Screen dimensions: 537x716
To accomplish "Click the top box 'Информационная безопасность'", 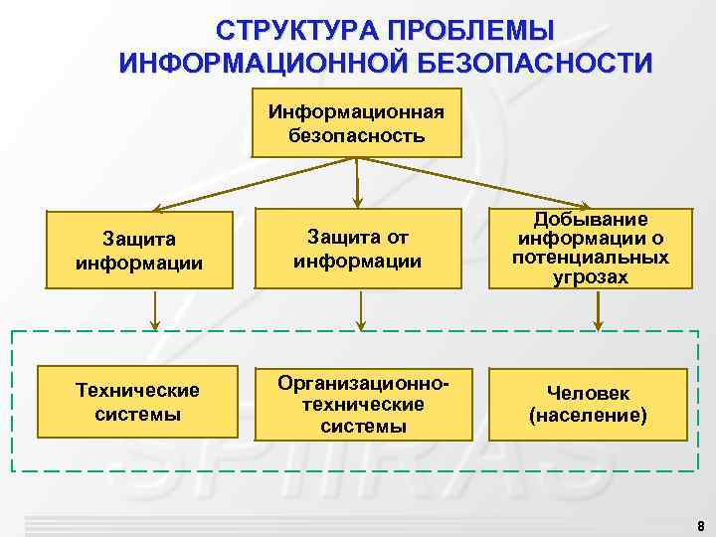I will coord(357,122).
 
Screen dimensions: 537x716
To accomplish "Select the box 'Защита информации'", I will coord(139,250).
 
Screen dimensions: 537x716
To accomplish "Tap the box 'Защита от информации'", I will coord(357,249).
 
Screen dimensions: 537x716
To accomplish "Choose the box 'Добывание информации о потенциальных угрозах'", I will coord(591,249).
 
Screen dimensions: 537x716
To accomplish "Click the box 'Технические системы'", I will coord(139,402).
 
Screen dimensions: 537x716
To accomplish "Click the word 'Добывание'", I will coord(591,219).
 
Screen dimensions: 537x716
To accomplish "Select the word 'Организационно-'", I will coord(357,383).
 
